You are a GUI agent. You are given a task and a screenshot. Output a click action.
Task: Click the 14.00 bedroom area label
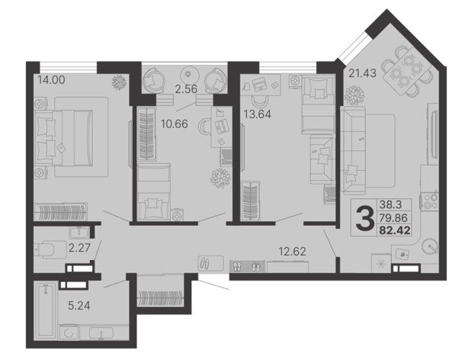pos(52,79)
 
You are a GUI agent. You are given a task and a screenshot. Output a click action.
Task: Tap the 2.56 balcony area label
pos(186,88)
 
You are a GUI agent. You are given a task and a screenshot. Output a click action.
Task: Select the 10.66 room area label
pos(175,124)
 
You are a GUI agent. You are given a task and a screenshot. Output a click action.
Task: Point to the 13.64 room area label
pos(258,114)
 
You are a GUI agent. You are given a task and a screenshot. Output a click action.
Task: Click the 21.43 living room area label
pos(362,72)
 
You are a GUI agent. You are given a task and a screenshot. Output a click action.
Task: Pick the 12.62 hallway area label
pos(292,252)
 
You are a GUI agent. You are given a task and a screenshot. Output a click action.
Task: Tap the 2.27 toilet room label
pos(79,247)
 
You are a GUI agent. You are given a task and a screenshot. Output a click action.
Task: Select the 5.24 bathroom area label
pos(79,305)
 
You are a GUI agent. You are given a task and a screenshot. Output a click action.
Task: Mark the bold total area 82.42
pos(395,230)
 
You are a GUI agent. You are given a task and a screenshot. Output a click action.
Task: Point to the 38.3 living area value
pos(390,204)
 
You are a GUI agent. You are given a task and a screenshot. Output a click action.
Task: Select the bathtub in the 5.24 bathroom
pos(46,310)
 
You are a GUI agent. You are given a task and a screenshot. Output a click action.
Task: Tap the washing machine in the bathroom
pos(69,333)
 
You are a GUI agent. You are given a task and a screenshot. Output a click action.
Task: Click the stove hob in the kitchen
pos(429,201)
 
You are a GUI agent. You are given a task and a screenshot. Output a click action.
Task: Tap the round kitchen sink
pos(430,246)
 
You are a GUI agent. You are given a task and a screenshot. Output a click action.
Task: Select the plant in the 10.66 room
pos(220,178)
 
